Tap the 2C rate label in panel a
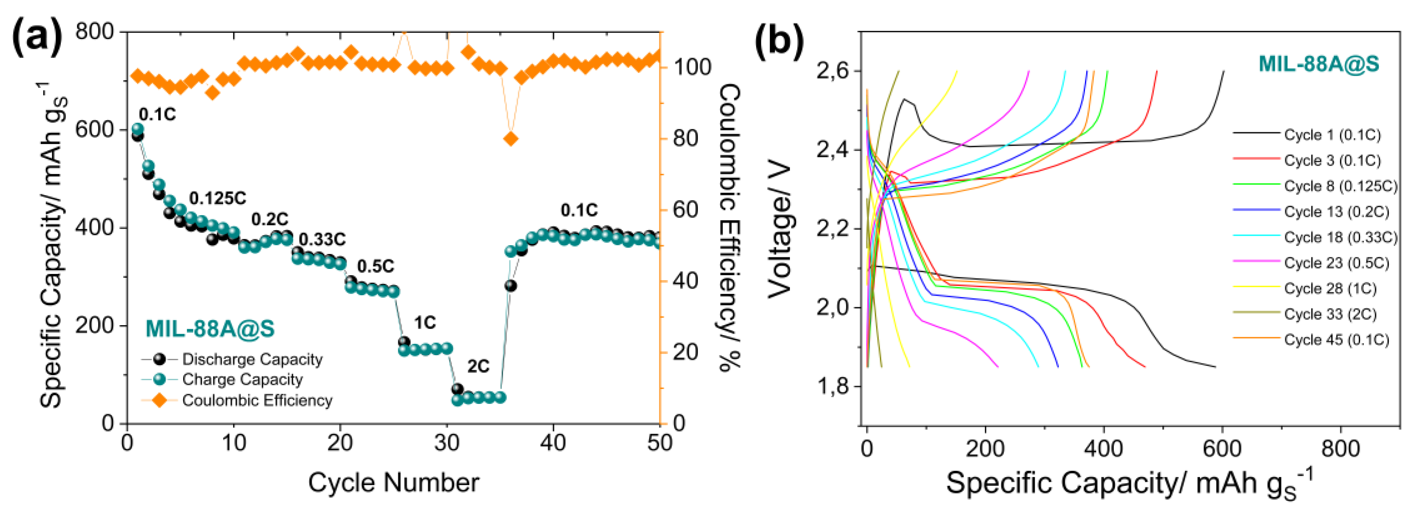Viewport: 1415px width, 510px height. (478, 366)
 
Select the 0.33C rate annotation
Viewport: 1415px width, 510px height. (323, 240)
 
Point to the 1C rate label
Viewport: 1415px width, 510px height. (424, 323)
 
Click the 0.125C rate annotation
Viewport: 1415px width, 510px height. (218, 199)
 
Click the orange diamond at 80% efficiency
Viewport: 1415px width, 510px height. (511, 139)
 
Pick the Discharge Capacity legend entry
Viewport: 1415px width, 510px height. (252, 359)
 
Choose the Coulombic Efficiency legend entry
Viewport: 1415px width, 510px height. (257, 400)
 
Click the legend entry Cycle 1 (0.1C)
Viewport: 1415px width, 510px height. (1331, 134)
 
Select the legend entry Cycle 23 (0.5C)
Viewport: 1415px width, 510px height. (1336, 263)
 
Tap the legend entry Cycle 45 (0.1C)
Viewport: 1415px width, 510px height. (1336, 340)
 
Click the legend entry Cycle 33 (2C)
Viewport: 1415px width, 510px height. (1330, 314)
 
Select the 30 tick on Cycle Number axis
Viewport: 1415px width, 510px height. (447, 443)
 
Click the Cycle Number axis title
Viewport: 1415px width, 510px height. (393, 483)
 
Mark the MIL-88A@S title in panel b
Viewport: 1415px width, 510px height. (1318, 64)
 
